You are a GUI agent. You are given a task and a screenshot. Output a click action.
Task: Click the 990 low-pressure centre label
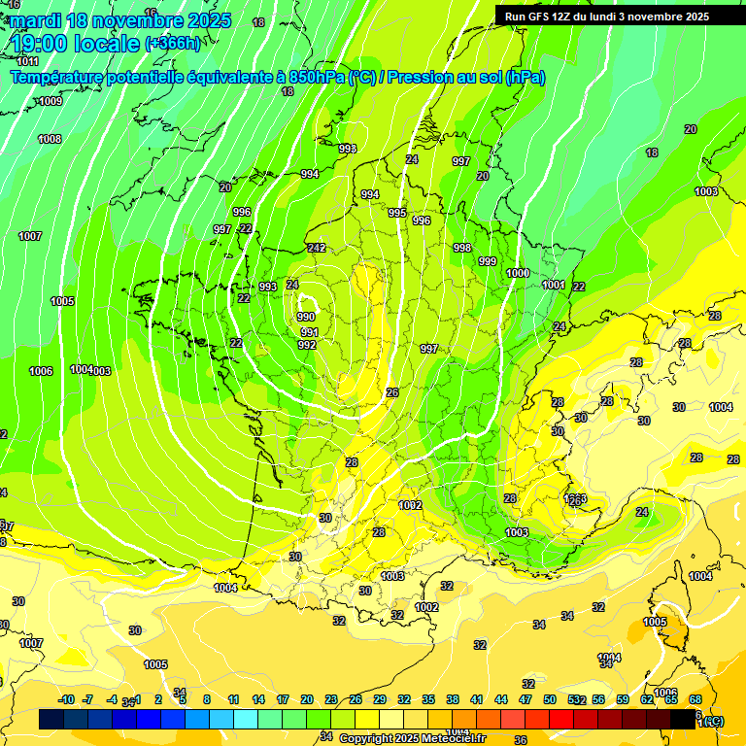306,317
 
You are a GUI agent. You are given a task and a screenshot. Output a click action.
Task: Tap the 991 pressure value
309,332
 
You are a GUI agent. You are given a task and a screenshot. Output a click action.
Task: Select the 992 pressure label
307,345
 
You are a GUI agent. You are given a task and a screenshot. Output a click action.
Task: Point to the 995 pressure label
397,213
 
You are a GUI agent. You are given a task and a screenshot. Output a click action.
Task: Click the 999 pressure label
488,261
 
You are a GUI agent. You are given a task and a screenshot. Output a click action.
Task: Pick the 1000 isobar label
519,273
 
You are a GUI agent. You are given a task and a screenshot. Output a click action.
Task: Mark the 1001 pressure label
554,285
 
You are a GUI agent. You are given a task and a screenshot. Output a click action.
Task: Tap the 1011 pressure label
28,61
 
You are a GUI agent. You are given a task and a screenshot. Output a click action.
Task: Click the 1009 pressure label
51,101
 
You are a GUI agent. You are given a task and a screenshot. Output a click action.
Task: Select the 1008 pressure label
50,139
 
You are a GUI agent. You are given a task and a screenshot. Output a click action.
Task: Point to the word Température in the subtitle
59,77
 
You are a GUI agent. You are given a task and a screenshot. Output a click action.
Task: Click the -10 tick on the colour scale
66,699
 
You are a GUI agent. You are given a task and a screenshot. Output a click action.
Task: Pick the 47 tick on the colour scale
526,699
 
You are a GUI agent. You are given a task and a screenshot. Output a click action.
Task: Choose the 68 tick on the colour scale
695,699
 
